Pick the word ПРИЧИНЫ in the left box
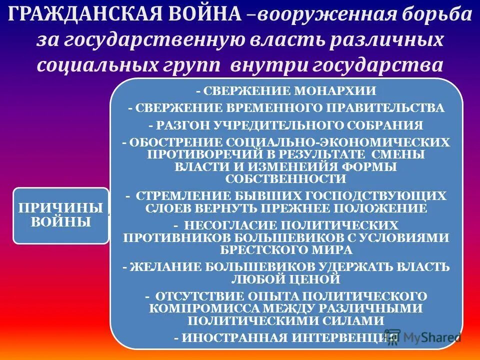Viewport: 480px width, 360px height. tap(60, 208)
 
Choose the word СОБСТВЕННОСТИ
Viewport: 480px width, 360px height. tap(285, 178)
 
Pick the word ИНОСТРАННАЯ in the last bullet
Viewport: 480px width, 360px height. tap(234, 337)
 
